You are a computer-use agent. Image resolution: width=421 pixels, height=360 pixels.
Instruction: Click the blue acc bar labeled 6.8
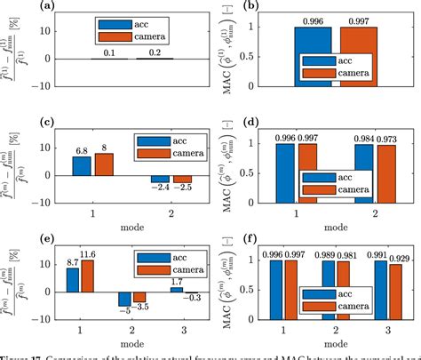coord(82,166)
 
